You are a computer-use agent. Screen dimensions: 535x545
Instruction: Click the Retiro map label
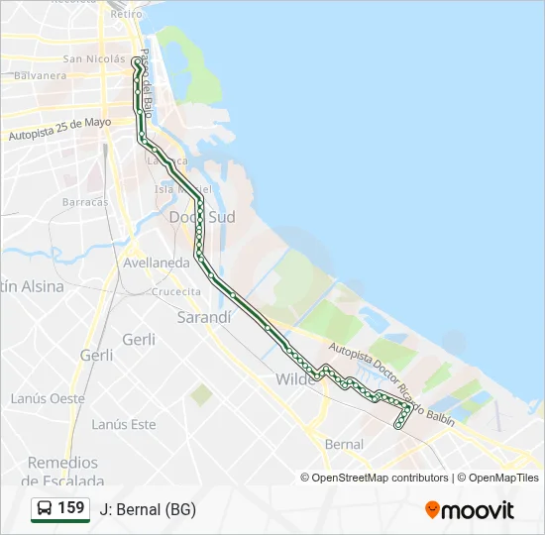127,14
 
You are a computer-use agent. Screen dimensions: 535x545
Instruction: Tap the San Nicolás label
93,58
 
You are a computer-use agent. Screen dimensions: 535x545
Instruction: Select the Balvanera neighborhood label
41,75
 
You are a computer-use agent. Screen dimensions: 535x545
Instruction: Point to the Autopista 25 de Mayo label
59,130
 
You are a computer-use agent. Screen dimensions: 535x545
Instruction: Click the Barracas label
85,202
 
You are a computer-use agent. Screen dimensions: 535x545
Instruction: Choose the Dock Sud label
202,216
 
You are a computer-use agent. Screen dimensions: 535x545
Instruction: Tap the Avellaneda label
157,264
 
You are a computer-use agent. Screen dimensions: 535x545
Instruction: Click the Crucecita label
175,292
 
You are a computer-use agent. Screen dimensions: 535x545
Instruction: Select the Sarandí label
203,318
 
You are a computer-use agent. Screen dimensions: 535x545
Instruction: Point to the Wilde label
293,379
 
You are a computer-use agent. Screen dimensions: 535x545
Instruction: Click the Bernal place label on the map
344,445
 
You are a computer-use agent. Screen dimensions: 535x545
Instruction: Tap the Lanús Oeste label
48,398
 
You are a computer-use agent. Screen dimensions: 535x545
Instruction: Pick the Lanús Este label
124,425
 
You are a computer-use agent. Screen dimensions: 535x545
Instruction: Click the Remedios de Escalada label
63,471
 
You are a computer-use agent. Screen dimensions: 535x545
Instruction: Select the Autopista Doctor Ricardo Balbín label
390,385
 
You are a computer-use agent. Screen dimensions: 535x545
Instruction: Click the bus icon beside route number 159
46,508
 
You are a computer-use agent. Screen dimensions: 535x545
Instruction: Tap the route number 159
71,508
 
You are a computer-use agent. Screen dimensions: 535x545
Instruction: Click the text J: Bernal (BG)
148,509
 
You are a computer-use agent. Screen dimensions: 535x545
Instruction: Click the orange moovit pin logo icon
432,509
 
